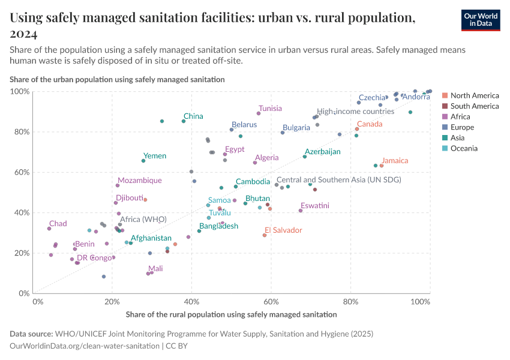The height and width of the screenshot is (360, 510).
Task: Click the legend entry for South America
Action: pyautogui.click(x=474, y=106)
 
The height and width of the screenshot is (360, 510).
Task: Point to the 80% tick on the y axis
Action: pyautogui.click(x=20, y=132)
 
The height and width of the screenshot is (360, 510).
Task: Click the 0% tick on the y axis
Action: pyautogui.click(x=23, y=293)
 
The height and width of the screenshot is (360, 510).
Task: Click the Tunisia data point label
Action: pyautogui.click(x=270, y=109)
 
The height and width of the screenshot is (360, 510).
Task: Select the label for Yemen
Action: pyautogui.click(x=155, y=156)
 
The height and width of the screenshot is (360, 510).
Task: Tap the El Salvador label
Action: pyautogui.click(x=283, y=230)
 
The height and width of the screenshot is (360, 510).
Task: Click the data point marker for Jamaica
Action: pyautogui.click(x=382, y=166)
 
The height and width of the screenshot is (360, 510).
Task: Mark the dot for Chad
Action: pyautogui.click(x=49, y=229)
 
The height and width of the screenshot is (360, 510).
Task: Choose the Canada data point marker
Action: pyautogui.click(x=357, y=129)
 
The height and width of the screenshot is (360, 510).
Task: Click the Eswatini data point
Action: pyautogui.click(x=301, y=211)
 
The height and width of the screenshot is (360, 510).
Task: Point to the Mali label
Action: pyautogui.click(x=155, y=269)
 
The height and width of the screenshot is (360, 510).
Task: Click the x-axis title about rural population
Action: pyautogui.click(x=232, y=314)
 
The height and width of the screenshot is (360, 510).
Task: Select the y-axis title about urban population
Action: pyautogui.click(x=117, y=79)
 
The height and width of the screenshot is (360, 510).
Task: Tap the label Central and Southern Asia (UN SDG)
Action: pyautogui.click(x=338, y=179)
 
